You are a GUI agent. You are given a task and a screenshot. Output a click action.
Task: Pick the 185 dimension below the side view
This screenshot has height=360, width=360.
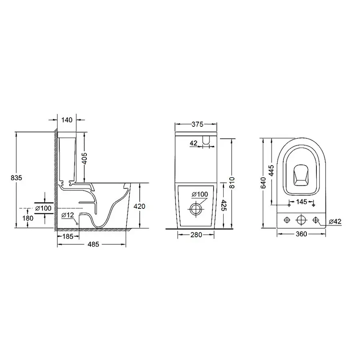pos(68,236)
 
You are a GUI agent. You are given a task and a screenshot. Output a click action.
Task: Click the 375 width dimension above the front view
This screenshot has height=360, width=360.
pos(196,125)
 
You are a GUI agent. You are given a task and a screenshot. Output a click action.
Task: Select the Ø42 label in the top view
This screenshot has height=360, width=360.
pos(335,221)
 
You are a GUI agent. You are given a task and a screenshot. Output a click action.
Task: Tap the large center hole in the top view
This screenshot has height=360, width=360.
pos(301,220)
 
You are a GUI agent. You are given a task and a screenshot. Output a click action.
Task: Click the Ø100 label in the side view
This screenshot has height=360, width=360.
pos(43,208)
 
